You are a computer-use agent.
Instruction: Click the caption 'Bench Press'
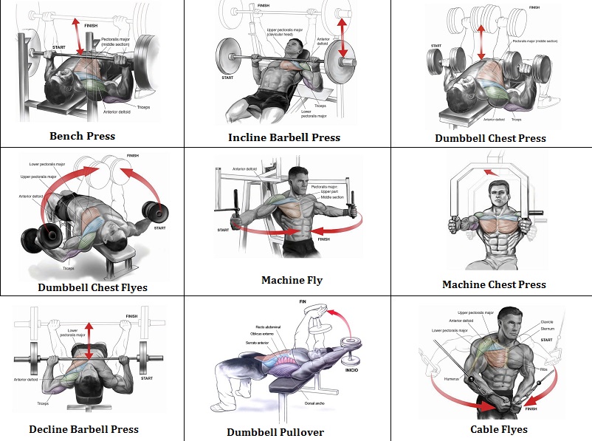[82, 136]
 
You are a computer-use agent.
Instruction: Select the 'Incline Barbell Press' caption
[284, 137]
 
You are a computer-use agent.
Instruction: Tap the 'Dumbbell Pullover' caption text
[275, 432]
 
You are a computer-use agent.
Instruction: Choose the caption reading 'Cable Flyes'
[499, 429]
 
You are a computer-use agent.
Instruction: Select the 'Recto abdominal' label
[248, 326]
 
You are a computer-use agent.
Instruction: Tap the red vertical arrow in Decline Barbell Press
[89, 341]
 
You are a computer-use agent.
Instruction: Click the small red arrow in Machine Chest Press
[488, 174]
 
